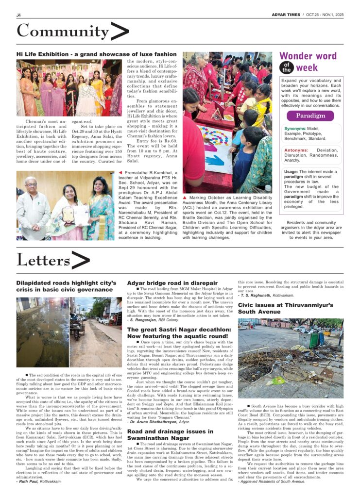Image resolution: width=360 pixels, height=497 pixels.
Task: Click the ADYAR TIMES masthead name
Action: [286, 15]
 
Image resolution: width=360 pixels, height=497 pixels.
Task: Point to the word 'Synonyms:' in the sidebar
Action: [295, 129]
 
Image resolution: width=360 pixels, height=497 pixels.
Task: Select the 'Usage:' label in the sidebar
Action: [291, 172]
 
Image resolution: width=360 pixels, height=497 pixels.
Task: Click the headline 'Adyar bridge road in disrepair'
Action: [172, 283]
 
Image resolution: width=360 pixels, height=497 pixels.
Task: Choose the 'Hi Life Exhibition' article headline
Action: [96, 54]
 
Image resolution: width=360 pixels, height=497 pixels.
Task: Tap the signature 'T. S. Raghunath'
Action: [257, 295]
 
